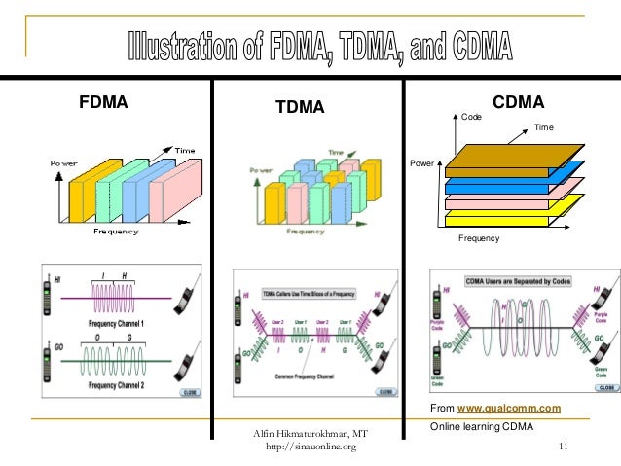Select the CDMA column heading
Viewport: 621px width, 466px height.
point(518,101)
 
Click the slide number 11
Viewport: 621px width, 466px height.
point(563,447)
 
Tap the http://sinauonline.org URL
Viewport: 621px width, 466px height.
point(310,447)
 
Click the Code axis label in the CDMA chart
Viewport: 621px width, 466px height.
point(471,116)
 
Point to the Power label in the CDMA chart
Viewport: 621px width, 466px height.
point(421,163)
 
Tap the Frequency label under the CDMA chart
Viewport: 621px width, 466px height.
point(478,238)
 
